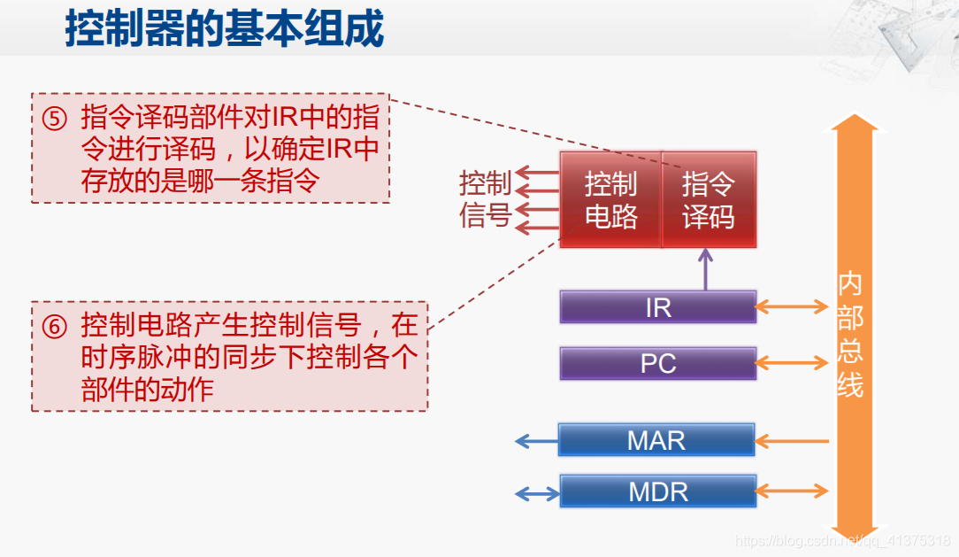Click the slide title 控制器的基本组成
click(225, 29)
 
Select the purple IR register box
click(658, 307)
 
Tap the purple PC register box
click(658, 363)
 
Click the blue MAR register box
click(656, 440)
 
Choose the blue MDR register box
click(658, 491)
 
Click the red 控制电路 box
click(610, 200)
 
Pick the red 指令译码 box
click(709, 200)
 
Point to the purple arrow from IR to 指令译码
click(705, 269)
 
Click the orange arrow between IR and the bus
click(792, 307)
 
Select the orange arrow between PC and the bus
click(792, 363)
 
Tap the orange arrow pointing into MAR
click(792, 440)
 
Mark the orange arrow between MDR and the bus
click(792, 491)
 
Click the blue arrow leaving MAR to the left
click(536, 440)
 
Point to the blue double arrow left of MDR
click(536, 491)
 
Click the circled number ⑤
click(54, 118)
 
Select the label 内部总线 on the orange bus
click(850, 336)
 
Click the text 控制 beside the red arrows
click(485, 183)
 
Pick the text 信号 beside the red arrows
click(485, 215)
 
